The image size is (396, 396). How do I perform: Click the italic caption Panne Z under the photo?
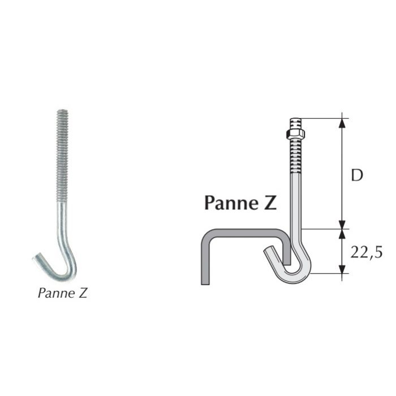tap(63, 294)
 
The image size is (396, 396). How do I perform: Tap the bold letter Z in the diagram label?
tap(270, 203)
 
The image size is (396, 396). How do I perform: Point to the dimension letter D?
tap(356, 175)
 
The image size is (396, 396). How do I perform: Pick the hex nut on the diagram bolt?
tap(295, 134)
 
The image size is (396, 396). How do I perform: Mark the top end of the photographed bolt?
tap(62, 111)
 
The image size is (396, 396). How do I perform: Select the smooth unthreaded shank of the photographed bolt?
tap(64, 226)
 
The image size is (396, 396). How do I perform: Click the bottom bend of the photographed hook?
tap(63, 276)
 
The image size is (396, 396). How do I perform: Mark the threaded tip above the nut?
tap(295, 123)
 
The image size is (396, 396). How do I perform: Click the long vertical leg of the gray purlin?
tap(205, 260)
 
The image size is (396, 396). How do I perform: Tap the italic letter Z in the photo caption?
tap(83, 294)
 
